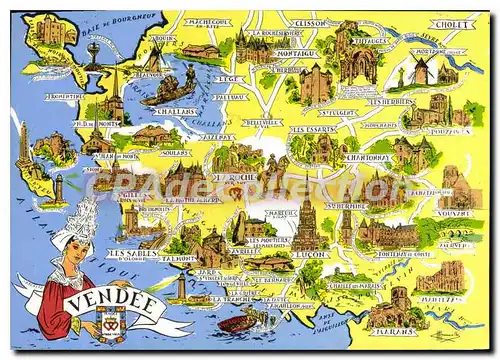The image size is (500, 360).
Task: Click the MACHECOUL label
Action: click(208, 22)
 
